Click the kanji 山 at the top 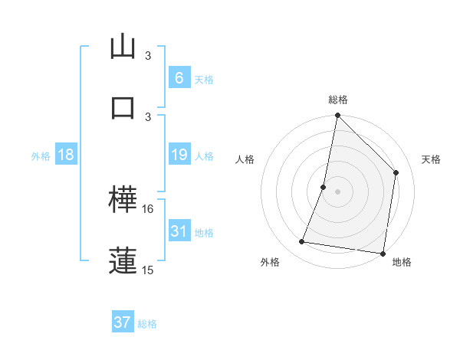coord(123,47)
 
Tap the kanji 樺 coord(123,201)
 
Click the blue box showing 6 coord(179,78)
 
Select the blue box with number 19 coord(179,155)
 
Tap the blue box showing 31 coord(179,231)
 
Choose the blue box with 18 coord(66,155)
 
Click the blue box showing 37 coord(122,322)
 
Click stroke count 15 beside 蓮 coord(149,270)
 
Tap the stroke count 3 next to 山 coord(149,56)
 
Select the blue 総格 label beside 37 coord(147,324)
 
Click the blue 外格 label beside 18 coord(41,156)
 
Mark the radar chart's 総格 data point coord(337,116)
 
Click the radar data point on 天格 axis coord(396,172)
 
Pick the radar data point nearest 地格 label coord(383,254)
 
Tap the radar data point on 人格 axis coord(324,186)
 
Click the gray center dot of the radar coord(337,191)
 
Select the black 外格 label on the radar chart coord(270,262)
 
